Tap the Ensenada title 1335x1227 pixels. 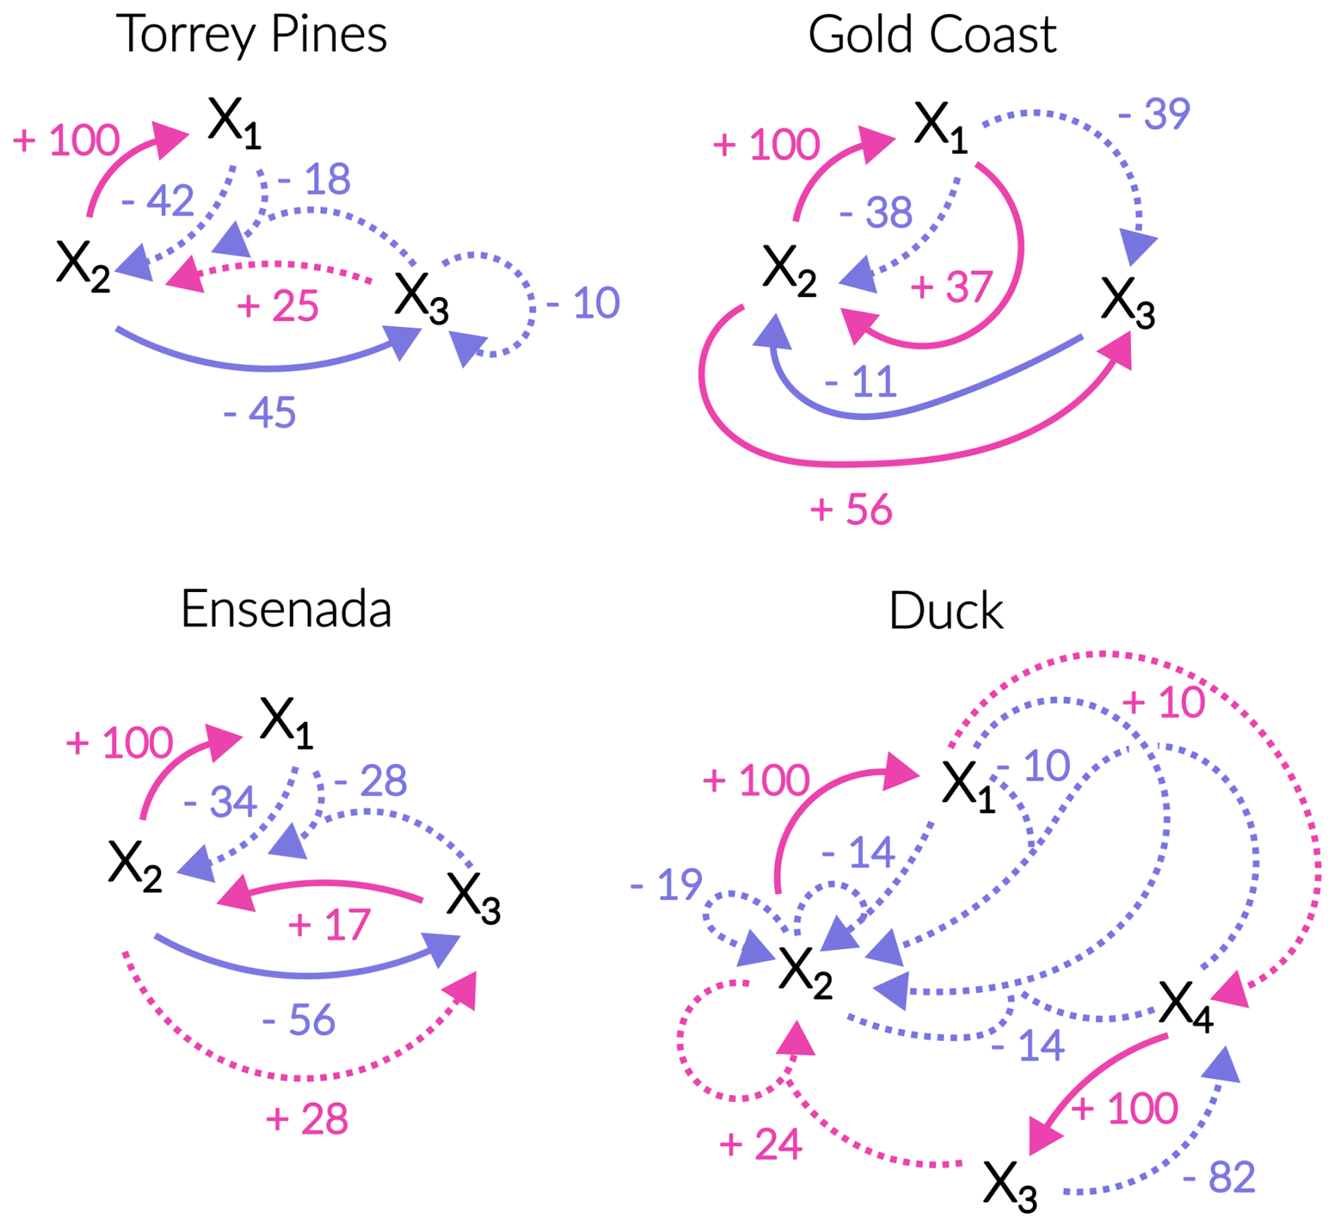(286, 609)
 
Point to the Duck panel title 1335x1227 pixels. (946, 611)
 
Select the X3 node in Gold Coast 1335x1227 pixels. (1127, 302)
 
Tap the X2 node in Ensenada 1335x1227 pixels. (135, 866)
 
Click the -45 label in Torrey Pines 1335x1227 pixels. (260, 412)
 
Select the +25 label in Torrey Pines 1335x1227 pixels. (277, 306)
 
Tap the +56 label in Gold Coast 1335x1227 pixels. (851, 509)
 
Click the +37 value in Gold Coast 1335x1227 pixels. (951, 287)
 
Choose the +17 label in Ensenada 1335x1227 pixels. (329, 925)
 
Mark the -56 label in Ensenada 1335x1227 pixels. (298, 1020)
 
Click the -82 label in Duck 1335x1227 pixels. (1219, 1177)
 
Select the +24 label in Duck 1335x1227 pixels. (761, 1144)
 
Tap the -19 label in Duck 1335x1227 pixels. (666, 884)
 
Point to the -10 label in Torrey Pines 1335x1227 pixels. (583, 303)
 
